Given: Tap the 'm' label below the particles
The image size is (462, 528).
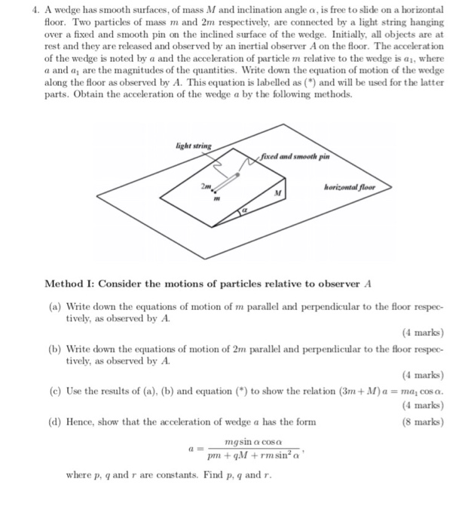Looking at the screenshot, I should click(206, 199).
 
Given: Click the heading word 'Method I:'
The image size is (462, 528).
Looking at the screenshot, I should click(72, 283).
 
